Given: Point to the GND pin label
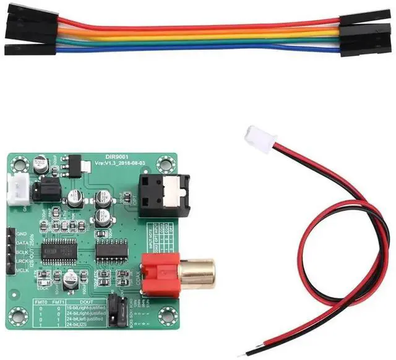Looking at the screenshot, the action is [23, 234].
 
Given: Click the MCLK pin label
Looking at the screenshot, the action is [24, 270].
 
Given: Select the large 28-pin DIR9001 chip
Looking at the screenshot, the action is [62, 251].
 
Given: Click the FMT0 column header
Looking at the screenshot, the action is [39, 301].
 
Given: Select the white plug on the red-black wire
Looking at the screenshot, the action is [256, 137].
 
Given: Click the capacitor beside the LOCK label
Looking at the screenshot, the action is [71, 278].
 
